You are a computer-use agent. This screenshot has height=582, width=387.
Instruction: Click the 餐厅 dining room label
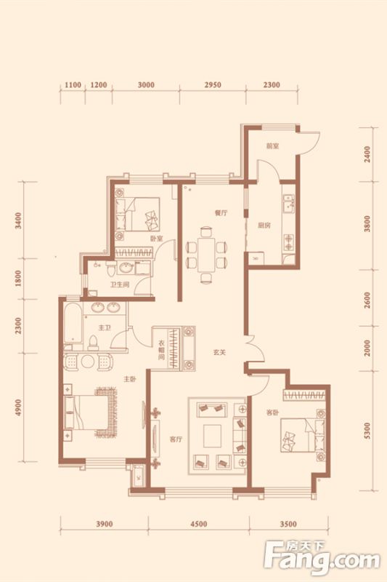pyautogui.click(x=221, y=213)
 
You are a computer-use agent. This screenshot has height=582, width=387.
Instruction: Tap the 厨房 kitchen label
pyautogui.click(x=264, y=225)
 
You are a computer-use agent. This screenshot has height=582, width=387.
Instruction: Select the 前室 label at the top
pyautogui.click(x=272, y=146)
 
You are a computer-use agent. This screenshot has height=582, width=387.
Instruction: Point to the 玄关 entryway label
pyautogui.click(x=219, y=352)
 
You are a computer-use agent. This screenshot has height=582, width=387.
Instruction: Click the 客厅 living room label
pyautogui.click(x=176, y=439)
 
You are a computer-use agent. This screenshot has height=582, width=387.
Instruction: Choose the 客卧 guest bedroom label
pyautogui.click(x=272, y=412)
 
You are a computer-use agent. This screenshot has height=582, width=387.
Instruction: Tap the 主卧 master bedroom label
pyautogui.click(x=130, y=379)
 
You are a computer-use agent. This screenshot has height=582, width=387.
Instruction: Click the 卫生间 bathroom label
pyautogui.click(x=119, y=285)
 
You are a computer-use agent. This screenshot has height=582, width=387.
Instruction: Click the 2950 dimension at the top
pyautogui.click(x=213, y=85)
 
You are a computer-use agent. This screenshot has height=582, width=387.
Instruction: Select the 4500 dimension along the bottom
pyautogui.click(x=198, y=524)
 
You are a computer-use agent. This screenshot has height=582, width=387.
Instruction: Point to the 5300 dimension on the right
pyautogui.click(x=367, y=431)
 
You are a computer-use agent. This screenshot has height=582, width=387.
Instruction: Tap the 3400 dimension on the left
pyautogui.click(x=18, y=220)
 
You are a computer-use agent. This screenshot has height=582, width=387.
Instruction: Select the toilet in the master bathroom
pyautogui.click(x=94, y=343)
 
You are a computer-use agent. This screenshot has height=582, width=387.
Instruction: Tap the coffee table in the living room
pyautogui.click(x=212, y=436)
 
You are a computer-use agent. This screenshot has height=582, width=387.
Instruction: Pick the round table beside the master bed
pyautogui.click(x=89, y=361)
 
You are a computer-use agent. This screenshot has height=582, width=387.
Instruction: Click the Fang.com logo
pyautogui.click(x=322, y=559)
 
